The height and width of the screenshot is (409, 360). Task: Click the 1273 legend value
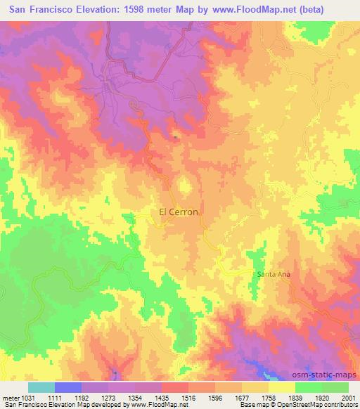[110, 397]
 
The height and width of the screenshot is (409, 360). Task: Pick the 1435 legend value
[167, 397]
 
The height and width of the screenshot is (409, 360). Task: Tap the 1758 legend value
[281, 397]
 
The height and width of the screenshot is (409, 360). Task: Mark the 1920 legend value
[338, 397]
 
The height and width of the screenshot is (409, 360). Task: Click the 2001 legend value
[349, 397]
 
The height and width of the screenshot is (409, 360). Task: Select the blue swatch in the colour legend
[68, 387]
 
